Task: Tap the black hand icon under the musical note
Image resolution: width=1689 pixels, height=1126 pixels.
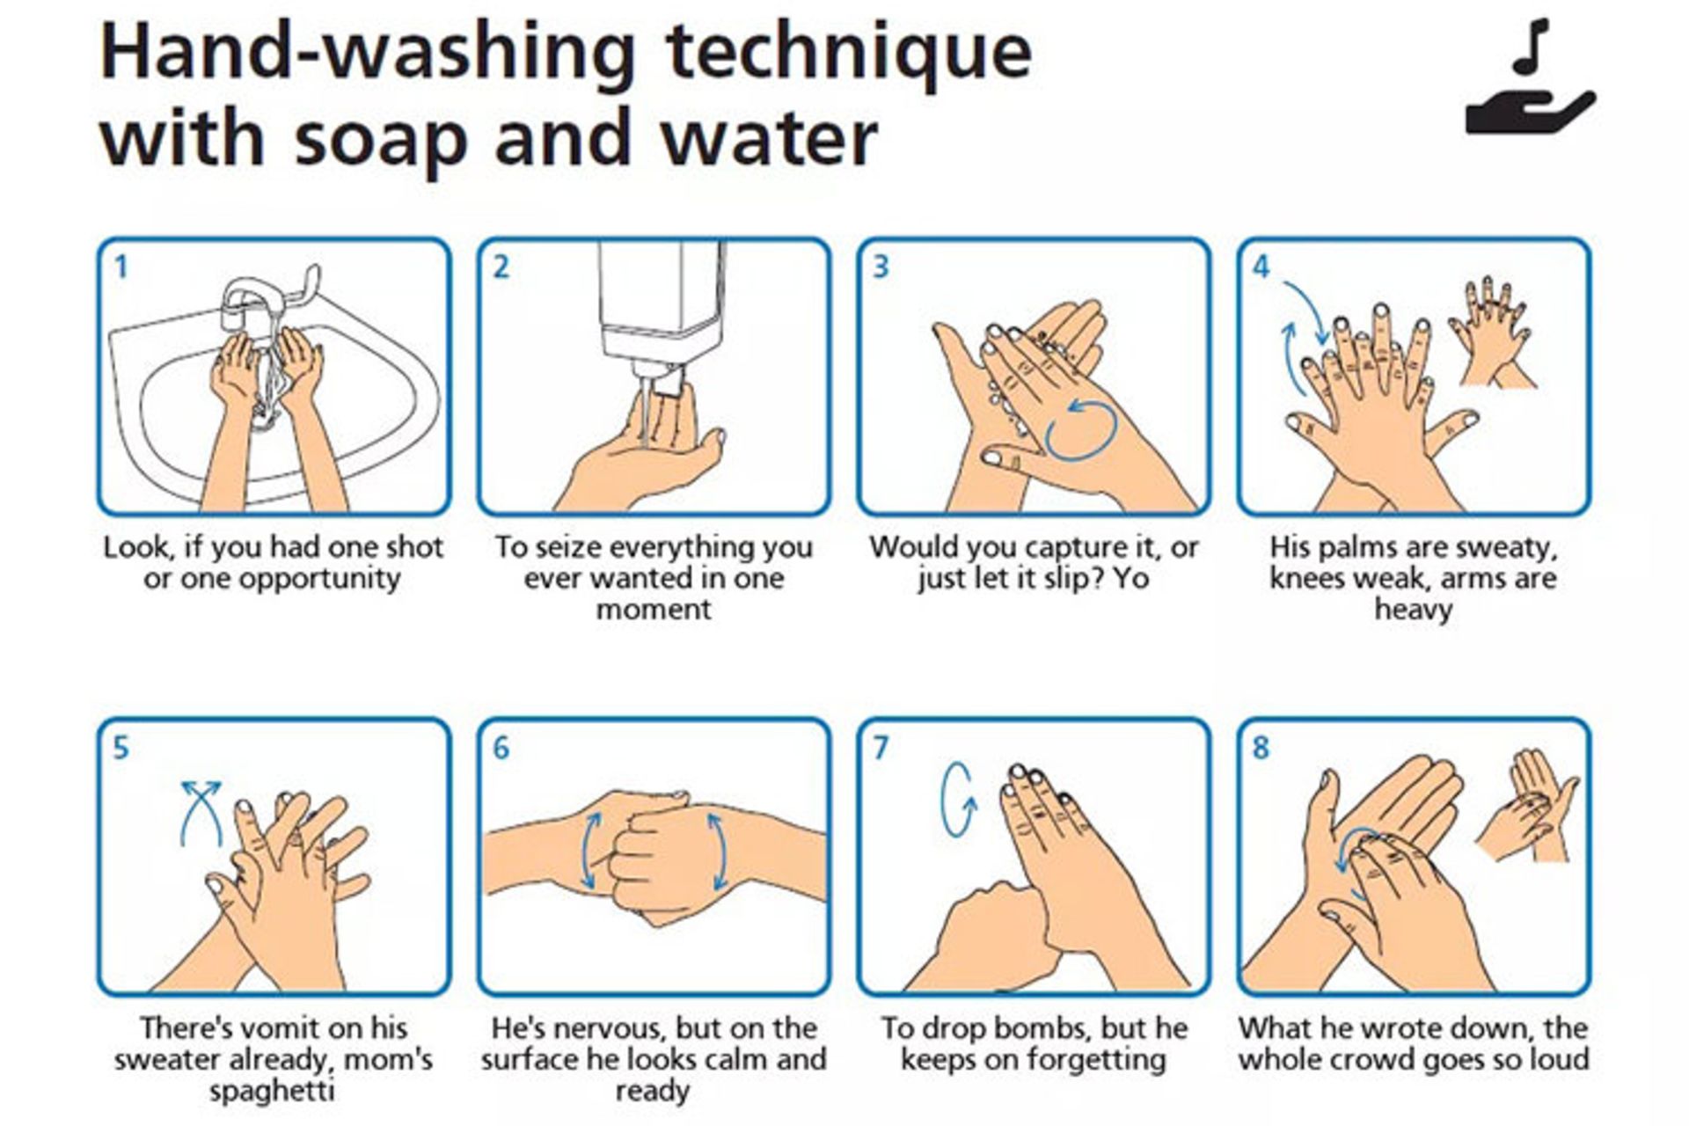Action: point(1530,113)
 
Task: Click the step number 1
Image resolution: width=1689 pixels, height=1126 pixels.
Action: point(121,267)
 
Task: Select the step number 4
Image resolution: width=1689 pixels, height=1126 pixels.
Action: point(1261,267)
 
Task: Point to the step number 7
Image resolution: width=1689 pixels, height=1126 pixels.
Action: point(881,748)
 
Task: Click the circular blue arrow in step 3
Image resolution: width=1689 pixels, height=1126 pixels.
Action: point(1081,428)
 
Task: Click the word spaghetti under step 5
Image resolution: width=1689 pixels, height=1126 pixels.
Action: point(272,1092)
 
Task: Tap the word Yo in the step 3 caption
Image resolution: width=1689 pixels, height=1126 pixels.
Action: point(1131,578)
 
